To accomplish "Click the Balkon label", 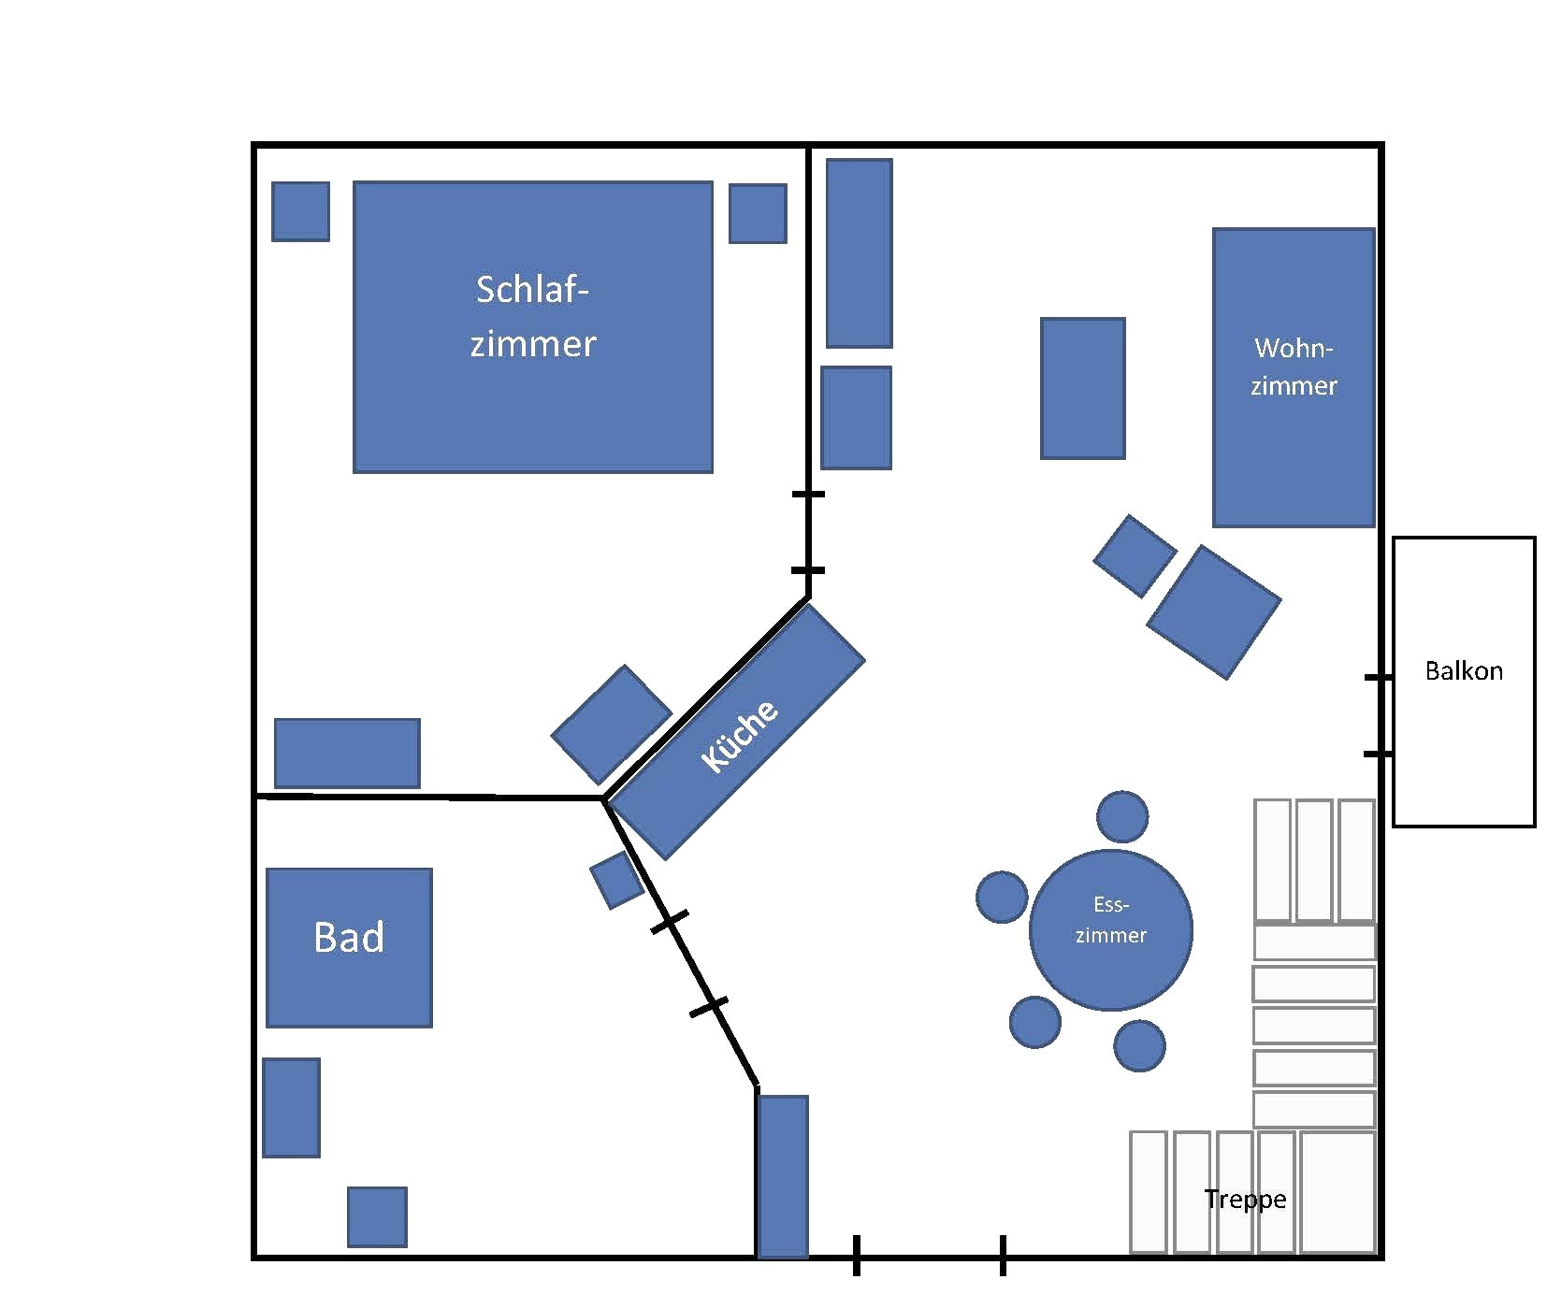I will [x=1463, y=670].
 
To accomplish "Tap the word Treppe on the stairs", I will [x=1245, y=1199].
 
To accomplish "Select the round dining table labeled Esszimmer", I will [x=1110, y=930].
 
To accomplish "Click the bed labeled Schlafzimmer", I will [x=532, y=326].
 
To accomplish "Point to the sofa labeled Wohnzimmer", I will [x=1294, y=377].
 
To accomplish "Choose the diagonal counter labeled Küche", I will [x=737, y=732].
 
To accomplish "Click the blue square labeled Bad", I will [x=349, y=947].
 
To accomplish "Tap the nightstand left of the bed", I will [x=300, y=211].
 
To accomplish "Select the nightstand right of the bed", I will [x=758, y=213].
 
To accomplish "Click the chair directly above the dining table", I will [x=1121, y=816].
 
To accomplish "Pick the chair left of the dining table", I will [x=1002, y=897].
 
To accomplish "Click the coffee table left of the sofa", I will [x=1082, y=388].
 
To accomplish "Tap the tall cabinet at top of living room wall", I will [x=859, y=252].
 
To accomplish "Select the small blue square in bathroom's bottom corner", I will [x=377, y=1216].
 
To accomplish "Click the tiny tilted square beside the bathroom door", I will [x=616, y=880].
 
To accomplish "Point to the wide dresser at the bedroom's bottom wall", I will [x=347, y=753].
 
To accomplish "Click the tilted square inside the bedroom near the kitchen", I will [x=611, y=725].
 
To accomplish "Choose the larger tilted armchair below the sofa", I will [x=1213, y=612].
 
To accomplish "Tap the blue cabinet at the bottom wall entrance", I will [x=782, y=1176].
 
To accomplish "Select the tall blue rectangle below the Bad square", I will [x=291, y=1107].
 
